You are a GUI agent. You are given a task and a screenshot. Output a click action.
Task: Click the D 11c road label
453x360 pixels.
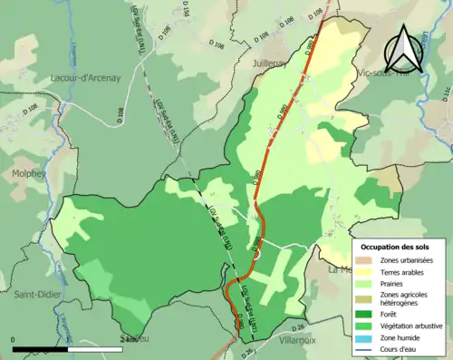[446, 92]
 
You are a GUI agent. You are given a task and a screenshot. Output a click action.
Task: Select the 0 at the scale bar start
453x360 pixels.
[14, 339]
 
